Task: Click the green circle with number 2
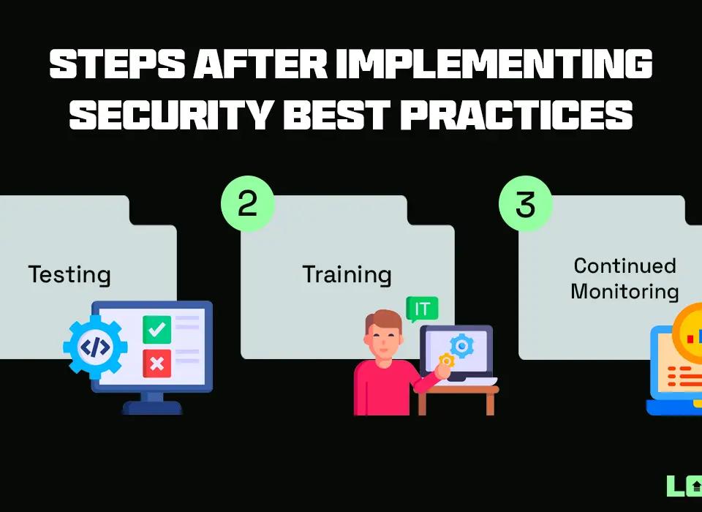tap(248, 203)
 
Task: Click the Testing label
tap(69, 275)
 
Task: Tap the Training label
tap(347, 275)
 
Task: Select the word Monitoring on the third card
tap(624, 291)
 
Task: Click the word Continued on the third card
tap(624, 265)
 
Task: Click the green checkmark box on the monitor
tap(156, 329)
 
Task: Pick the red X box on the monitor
tap(156, 363)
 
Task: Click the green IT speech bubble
tap(423, 309)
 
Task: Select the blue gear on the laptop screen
tap(461, 345)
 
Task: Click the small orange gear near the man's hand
tap(446, 360)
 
